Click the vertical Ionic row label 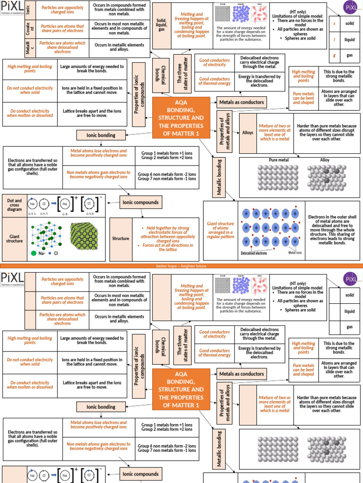tap(27, 10)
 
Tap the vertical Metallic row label tap(27, 47)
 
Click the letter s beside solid tap(335, 24)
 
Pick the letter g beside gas tap(335, 55)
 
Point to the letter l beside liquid tap(335, 40)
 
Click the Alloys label tap(248, 133)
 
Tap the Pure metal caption tap(279, 160)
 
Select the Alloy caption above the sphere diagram tap(325, 160)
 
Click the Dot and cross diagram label tap(14, 205)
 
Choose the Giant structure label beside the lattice tap(14, 238)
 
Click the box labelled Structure tap(121, 239)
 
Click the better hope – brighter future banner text tap(181, 266)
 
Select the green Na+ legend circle tap(34, 253)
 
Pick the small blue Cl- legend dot tap(50, 253)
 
